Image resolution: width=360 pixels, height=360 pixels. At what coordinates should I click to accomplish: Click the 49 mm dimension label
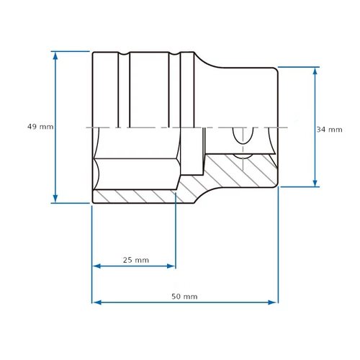pos(40,127)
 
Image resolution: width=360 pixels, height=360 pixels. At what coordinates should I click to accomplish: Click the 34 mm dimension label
pos(329,130)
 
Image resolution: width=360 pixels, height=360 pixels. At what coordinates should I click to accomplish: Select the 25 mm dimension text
pos(136,260)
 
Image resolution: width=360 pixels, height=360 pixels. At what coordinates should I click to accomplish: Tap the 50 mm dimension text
pos(184,297)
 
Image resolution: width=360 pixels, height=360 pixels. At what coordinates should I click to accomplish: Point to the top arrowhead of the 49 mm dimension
pos(55,56)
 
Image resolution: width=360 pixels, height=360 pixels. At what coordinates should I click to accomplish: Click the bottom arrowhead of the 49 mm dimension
pos(55,198)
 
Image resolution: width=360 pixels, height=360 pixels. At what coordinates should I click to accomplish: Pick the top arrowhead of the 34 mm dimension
pos(315,71)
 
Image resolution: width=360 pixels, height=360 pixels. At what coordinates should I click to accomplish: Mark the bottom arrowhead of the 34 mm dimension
pos(315,182)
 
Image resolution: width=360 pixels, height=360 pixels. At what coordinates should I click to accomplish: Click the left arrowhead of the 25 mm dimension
pos(97,266)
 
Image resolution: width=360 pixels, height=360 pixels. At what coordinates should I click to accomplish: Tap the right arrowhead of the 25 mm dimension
pos(171,266)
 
